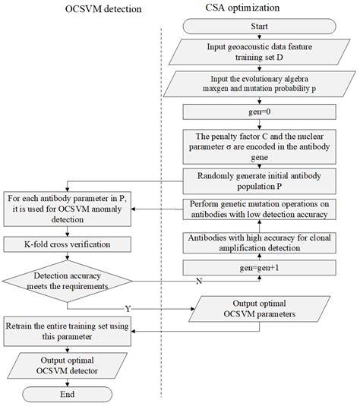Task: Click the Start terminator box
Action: (259, 28)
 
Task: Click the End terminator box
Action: (68, 393)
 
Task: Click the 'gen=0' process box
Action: (259, 112)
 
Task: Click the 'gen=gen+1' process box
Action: (259, 267)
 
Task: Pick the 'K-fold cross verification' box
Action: (68, 244)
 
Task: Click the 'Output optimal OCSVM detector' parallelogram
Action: (68, 363)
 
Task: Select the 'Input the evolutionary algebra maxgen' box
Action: (259, 83)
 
